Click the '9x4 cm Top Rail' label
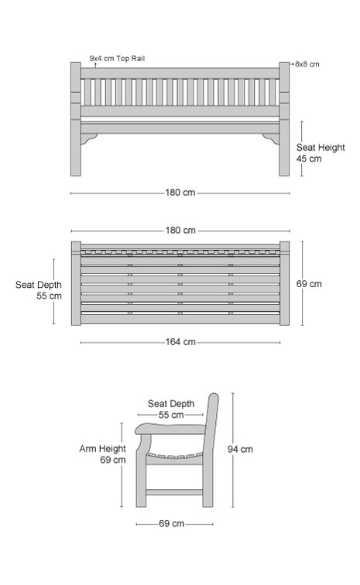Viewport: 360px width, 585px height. point(117,59)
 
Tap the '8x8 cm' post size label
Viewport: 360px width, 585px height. point(307,64)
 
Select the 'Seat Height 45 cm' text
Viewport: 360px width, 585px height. point(321,153)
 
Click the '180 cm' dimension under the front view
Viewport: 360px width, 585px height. point(180,193)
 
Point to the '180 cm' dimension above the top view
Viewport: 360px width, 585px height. point(180,230)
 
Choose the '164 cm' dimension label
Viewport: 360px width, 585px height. point(180,342)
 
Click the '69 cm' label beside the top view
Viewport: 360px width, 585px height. point(309,284)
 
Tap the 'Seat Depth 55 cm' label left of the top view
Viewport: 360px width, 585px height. point(39,290)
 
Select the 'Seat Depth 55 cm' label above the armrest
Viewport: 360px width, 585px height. point(171,409)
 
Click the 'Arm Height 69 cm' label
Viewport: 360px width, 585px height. point(102,454)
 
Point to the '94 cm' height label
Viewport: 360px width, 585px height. point(240,449)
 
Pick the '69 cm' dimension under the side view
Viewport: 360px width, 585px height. point(171,523)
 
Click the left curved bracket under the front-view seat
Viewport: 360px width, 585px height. point(88,139)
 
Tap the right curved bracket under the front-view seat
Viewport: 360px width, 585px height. point(271,139)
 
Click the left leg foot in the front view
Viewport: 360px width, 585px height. point(76,173)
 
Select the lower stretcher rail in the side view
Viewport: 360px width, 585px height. point(174,492)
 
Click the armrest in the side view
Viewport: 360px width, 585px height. point(170,429)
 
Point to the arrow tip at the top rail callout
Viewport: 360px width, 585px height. point(95,63)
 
